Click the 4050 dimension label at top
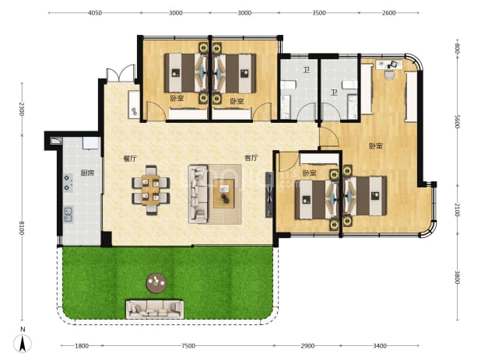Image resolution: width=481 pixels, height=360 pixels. [x=95, y=13]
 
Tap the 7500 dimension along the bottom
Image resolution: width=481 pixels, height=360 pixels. [x=188, y=346]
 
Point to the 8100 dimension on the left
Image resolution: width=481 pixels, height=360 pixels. [x=22, y=228]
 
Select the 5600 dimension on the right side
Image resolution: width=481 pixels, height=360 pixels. [x=457, y=122]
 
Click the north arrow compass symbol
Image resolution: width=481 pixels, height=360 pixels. [x=23, y=343]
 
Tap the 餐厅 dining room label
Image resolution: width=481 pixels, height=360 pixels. [x=129, y=158]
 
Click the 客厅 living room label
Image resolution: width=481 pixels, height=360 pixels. [x=251, y=158]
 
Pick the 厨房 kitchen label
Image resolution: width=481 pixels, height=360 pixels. [x=87, y=173]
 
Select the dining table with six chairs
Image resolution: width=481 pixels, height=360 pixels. [x=151, y=190]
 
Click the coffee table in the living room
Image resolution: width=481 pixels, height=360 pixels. [x=224, y=194]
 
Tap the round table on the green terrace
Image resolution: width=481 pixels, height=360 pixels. [x=156, y=283]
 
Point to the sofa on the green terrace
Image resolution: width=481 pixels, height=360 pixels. [x=155, y=309]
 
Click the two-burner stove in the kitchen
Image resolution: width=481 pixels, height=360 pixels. [x=68, y=183]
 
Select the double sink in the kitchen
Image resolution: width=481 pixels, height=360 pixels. [x=68, y=214]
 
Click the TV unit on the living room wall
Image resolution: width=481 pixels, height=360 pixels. [x=269, y=194]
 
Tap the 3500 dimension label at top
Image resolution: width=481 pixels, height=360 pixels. [x=319, y=13]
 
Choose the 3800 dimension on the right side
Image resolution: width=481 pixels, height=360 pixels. [x=457, y=277]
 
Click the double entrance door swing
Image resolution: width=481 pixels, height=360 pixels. [x=121, y=73]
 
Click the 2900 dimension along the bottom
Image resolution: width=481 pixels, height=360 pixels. [x=307, y=346]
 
